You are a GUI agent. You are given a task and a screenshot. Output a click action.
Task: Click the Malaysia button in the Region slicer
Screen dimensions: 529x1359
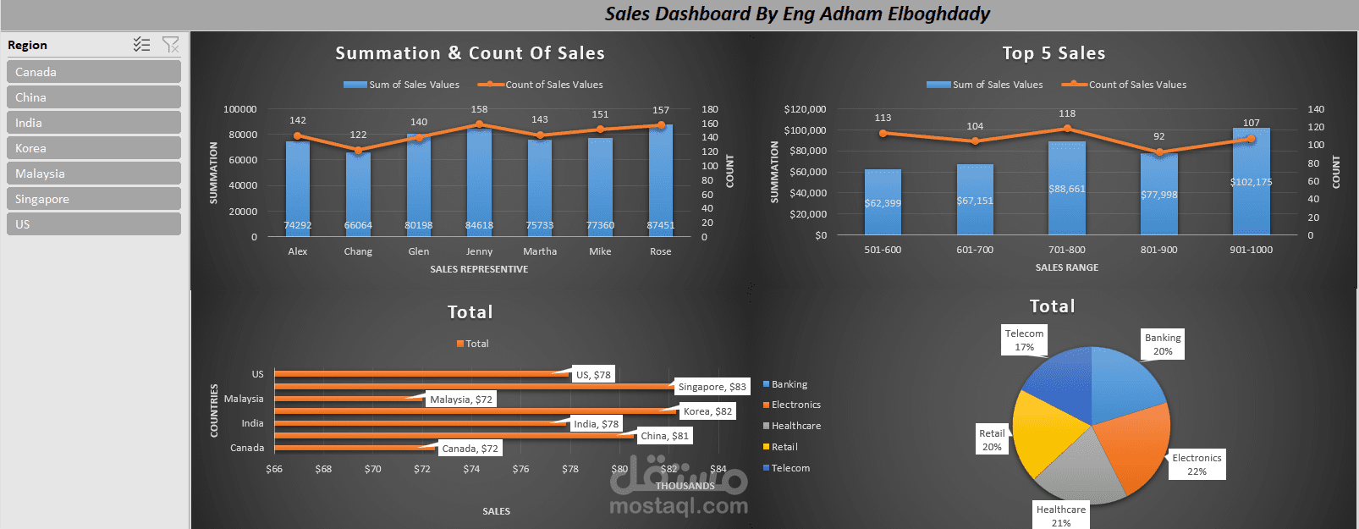point(93,174)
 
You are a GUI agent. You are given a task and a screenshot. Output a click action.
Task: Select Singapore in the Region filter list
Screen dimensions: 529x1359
point(93,199)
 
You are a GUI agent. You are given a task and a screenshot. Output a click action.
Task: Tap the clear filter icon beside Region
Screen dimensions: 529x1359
point(170,45)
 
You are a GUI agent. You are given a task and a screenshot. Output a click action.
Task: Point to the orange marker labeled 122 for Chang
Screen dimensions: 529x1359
point(358,151)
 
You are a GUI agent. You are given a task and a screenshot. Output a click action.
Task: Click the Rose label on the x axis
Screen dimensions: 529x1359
point(660,251)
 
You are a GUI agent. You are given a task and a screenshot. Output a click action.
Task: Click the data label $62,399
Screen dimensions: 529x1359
point(883,203)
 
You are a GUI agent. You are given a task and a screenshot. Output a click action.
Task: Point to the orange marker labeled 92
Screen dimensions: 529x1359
point(1159,152)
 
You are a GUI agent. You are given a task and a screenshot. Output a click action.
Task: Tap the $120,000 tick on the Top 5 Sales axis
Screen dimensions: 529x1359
point(805,109)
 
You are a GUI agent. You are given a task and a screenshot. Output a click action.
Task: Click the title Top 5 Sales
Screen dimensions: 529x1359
point(1054,53)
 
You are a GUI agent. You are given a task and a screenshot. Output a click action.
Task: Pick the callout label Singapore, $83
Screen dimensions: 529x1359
point(712,387)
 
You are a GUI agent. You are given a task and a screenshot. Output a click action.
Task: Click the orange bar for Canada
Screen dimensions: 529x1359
point(355,448)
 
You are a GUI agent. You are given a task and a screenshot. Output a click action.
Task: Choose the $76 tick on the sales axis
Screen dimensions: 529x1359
point(520,469)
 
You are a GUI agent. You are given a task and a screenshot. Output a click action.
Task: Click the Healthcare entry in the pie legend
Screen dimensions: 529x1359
point(795,426)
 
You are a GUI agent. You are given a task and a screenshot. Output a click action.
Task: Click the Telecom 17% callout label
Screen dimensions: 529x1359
point(1024,340)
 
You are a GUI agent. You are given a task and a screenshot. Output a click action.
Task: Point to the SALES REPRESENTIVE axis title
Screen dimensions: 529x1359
point(479,269)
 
